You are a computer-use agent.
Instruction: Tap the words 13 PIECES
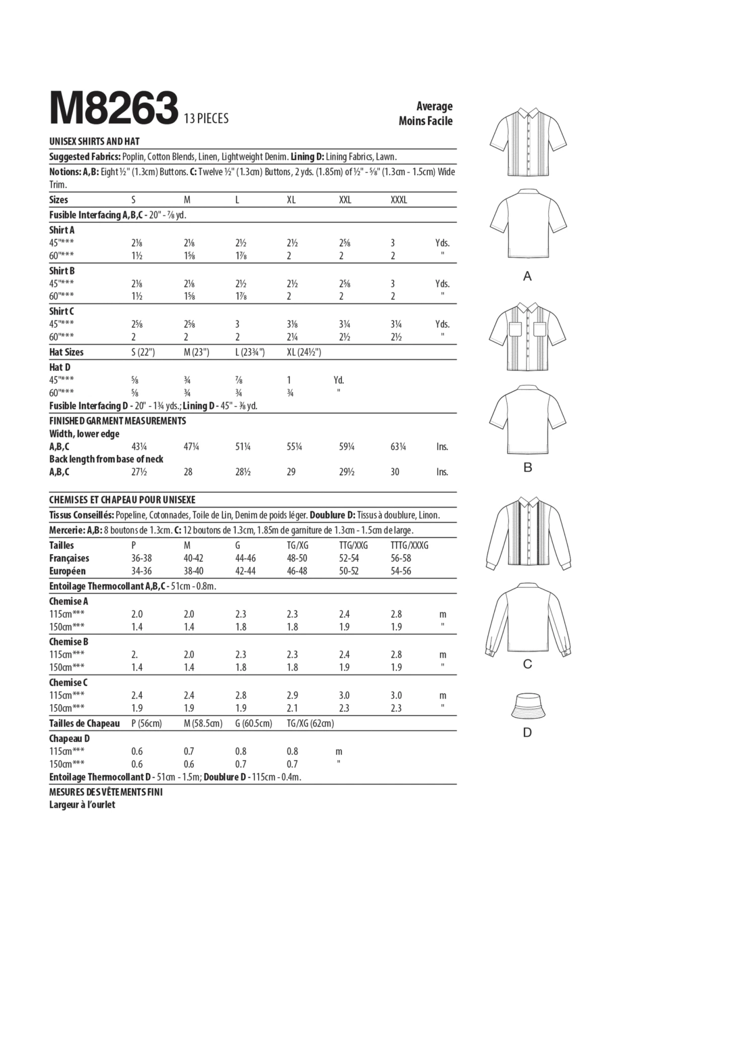pyautogui.click(x=206, y=119)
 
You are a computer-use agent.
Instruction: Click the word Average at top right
pyautogui.click(x=434, y=106)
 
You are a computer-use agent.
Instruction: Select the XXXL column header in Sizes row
pyautogui.click(x=399, y=200)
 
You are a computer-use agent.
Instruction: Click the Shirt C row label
pyautogui.click(x=61, y=312)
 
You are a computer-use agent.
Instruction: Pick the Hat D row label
pyautogui.click(x=59, y=367)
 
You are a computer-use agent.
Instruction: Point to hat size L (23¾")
pyautogui.click(x=250, y=352)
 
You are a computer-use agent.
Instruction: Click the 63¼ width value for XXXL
pyautogui.click(x=398, y=447)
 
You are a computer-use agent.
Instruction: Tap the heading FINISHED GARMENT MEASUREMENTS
pyautogui.click(x=117, y=421)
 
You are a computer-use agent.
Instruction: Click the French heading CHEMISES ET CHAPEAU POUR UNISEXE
pyautogui.click(x=122, y=500)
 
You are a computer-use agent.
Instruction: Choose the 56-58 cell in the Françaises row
pyautogui.click(x=401, y=558)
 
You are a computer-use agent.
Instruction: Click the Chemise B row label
pyautogui.click(x=68, y=642)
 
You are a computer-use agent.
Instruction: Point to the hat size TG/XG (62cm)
pyautogui.click(x=310, y=723)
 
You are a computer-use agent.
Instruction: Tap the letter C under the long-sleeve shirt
pyautogui.click(x=527, y=664)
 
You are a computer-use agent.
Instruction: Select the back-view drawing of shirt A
pyautogui.click(x=528, y=224)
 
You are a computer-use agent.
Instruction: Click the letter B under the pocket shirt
pyautogui.click(x=527, y=468)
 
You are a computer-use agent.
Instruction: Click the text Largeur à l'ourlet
pyautogui.click(x=82, y=805)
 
